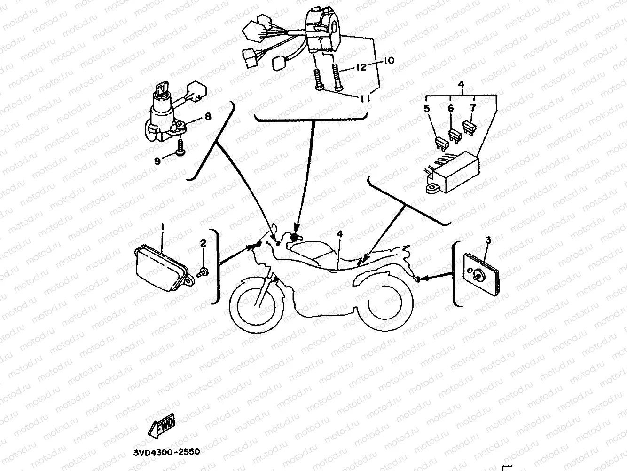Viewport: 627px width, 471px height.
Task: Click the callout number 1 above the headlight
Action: click(x=163, y=227)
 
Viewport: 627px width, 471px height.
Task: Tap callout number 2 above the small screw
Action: click(x=203, y=243)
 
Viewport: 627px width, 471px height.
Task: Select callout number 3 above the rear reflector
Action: click(x=488, y=240)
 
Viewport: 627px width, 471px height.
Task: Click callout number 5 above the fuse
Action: click(x=427, y=109)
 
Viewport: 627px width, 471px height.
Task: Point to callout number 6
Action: click(x=451, y=109)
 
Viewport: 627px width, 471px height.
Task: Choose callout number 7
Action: click(x=473, y=108)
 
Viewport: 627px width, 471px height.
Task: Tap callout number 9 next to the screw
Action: click(x=157, y=161)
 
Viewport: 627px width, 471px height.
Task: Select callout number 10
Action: click(x=389, y=61)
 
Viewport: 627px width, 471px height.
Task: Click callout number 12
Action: click(x=361, y=68)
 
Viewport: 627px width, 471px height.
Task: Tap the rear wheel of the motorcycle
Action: click(x=383, y=306)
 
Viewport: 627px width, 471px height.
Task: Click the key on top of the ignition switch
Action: click(x=161, y=88)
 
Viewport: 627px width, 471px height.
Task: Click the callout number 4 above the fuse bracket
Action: click(x=461, y=85)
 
